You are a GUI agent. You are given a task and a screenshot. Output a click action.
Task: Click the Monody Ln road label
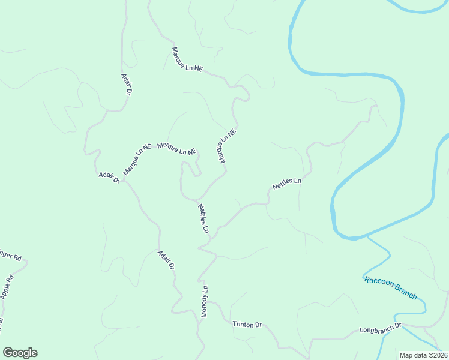click(204, 301)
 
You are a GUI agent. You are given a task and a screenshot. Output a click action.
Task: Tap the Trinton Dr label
click(247, 325)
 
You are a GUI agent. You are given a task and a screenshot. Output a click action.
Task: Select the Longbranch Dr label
click(380, 330)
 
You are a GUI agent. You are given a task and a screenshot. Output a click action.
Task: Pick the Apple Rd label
click(7, 287)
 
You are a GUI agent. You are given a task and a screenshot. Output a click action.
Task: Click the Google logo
click(20, 353)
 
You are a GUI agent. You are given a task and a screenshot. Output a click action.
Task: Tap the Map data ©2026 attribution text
click(423, 355)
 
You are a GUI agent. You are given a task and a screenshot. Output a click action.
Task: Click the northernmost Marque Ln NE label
click(187, 61)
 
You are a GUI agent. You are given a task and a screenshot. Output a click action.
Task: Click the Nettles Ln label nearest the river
click(287, 184)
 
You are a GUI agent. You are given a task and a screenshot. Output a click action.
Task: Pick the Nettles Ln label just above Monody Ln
click(203, 218)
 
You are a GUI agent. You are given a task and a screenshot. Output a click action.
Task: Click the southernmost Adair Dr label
click(166, 259)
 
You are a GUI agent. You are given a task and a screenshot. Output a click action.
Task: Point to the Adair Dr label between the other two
click(109, 178)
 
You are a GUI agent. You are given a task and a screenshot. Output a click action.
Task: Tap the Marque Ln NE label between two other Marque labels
click(177, 149)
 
